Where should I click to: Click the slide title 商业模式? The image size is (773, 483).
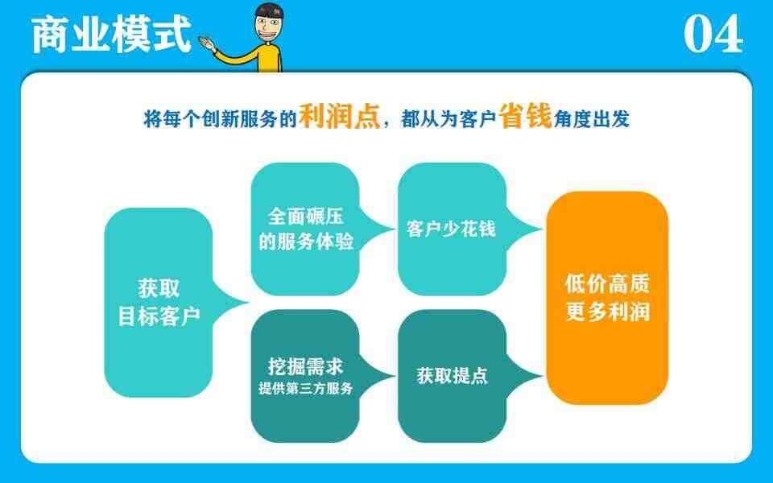(x=111, y=35)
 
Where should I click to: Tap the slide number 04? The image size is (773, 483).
(x=713, y=34)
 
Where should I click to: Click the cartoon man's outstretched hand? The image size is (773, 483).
(x=207, y=43)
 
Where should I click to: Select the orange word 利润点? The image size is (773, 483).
(x=339, y=117)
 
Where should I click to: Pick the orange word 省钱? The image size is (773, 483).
(x=525, y=116)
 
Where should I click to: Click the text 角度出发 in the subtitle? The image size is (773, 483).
(x=592, y=119)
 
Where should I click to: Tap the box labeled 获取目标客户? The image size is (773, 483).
(x=159, y=303)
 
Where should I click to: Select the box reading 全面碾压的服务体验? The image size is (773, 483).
(x=305, y=229)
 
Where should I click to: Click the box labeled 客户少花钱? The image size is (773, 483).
(x=452, y=229)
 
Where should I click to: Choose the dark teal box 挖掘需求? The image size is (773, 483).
(x=305, y=376)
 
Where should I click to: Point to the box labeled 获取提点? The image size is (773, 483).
(x=452, y=376)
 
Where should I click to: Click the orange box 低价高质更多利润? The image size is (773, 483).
(x=607, y=298)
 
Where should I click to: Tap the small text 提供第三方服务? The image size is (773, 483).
(x=306, y=388)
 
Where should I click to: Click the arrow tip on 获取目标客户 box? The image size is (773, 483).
(x=248, y=303)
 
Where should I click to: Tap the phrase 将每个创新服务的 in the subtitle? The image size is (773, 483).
(x=220, y=119)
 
